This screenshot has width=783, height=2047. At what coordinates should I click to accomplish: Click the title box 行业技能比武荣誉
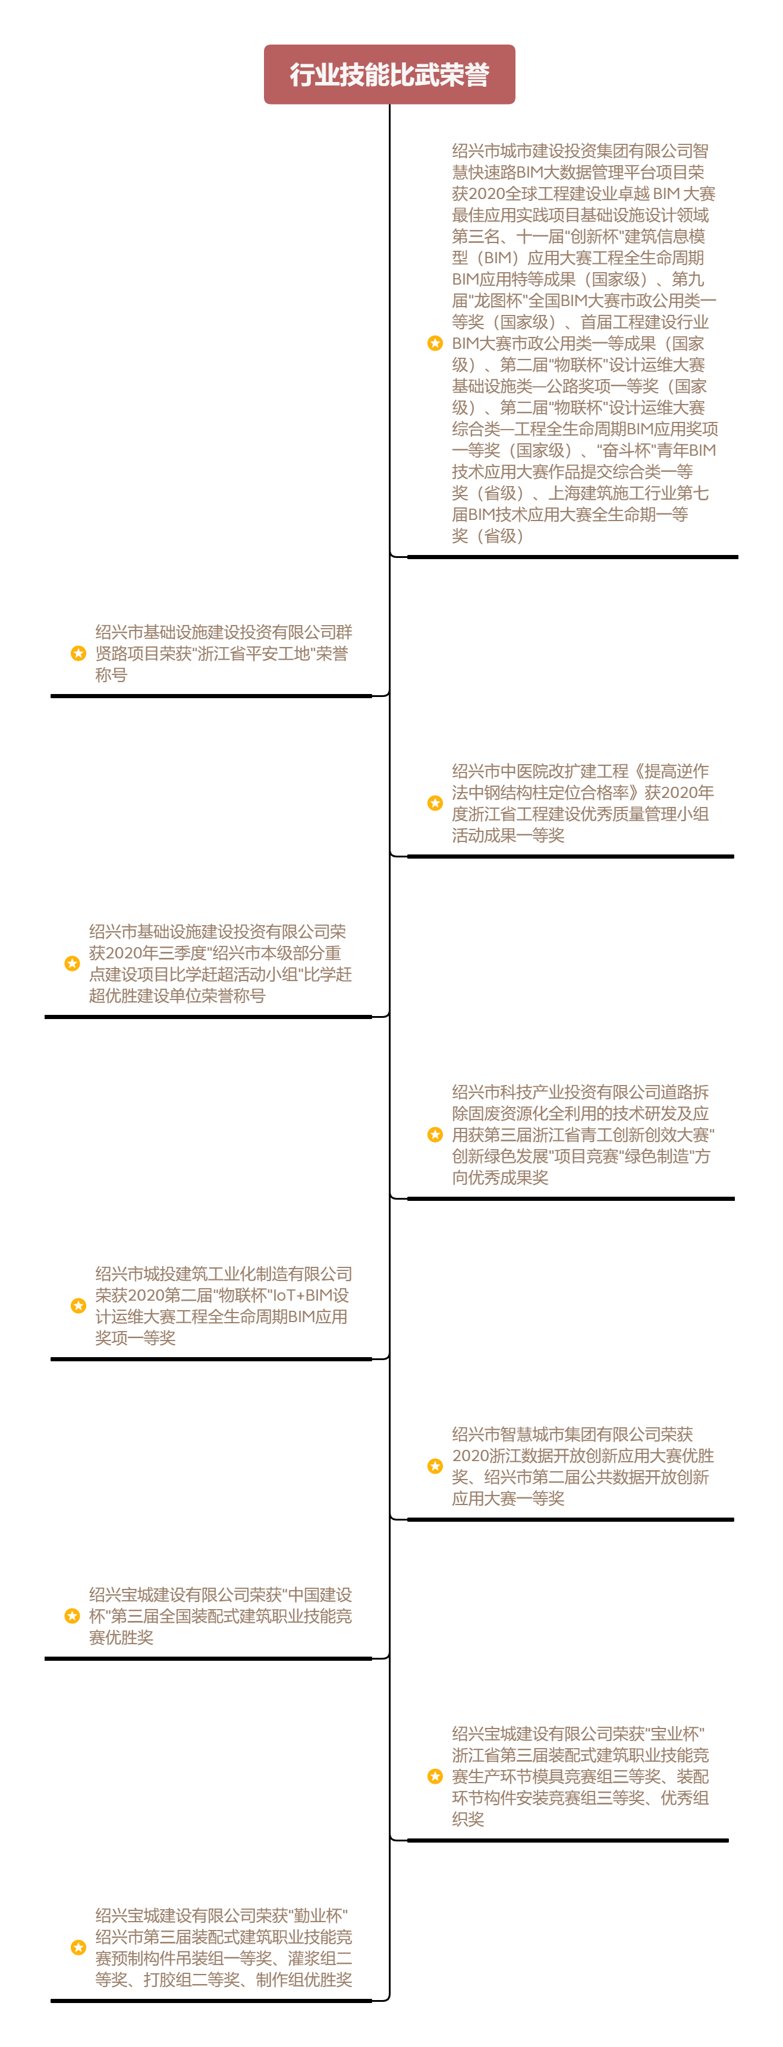[x=389, y=75]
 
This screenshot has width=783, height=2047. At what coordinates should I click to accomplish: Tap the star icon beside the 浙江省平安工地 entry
[x=78, y=653]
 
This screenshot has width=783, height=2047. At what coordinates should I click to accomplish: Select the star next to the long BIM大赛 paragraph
[x=435, y=343]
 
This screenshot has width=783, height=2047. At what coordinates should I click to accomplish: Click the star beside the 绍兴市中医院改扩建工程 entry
[x=435, y=803]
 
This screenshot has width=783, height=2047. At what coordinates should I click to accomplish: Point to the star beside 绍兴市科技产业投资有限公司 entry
[x=435, y=1135]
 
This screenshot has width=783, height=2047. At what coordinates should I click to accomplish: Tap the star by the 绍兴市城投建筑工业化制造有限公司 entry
[x=78, y=1305]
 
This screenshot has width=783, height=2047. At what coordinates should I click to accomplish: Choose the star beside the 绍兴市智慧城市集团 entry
[x=435, y=1466]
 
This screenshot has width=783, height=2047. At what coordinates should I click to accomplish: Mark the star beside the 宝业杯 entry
[x=435, y=1776]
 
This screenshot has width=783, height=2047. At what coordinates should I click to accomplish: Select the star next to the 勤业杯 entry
[x=78, y=1947]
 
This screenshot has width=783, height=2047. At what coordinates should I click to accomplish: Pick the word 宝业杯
[x=675, y=1734]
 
